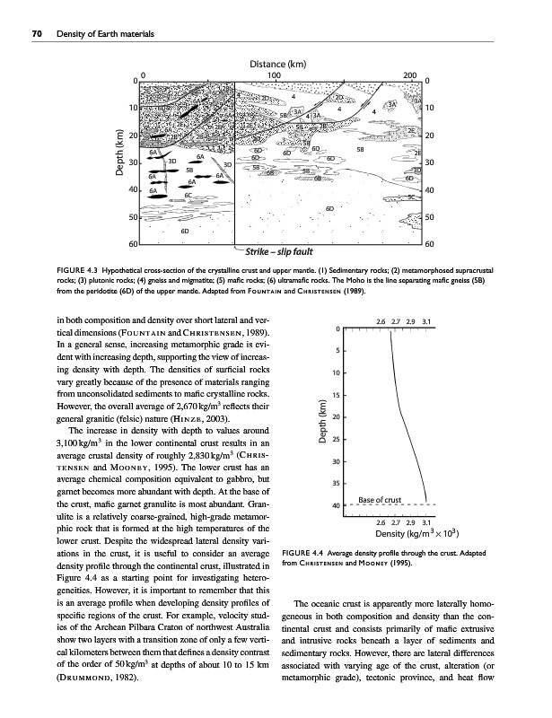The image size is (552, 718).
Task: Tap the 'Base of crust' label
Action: click(385, 499)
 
